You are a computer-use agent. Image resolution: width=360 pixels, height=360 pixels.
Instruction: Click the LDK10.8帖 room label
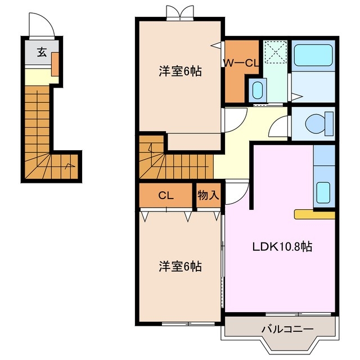283,246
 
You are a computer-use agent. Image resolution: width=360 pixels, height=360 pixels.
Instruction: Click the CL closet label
165,196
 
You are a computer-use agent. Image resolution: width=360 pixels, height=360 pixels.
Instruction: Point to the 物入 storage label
208,196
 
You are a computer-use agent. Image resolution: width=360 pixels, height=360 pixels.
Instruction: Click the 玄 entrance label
42,53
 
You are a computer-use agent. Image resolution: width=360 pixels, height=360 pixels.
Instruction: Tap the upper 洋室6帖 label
180,71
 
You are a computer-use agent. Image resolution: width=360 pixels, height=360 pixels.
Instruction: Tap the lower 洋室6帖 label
180,266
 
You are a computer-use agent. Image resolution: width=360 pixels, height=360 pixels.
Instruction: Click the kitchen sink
323,192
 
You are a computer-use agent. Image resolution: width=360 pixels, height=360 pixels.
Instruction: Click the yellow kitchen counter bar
314,214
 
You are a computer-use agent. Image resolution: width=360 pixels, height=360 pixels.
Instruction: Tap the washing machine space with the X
276,53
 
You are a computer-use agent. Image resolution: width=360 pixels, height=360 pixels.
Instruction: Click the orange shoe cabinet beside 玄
55,63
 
